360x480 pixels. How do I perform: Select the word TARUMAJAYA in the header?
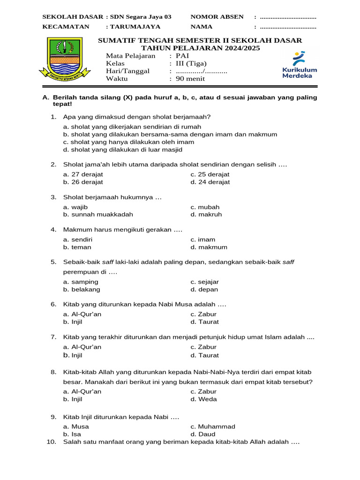135,27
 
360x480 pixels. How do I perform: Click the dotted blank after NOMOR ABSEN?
288,17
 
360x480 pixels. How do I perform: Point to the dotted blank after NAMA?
288,27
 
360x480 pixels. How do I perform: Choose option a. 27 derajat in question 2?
83,174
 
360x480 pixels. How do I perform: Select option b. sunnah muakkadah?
98,214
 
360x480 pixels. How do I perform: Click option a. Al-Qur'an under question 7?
82,347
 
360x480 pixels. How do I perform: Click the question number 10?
52,442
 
